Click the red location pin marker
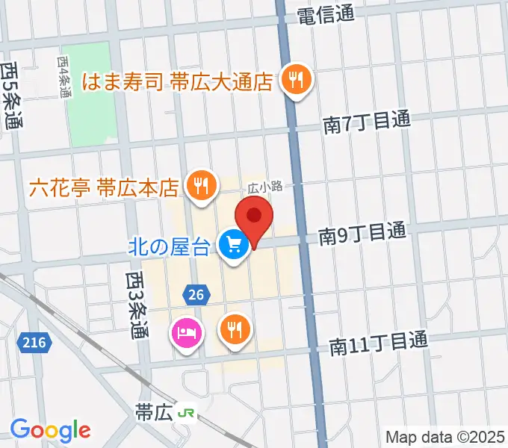[x=254, y=219]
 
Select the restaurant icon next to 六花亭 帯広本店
[x=199, y=185]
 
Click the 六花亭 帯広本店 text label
[x=105, y=185]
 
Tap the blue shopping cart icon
[x=234, y=244]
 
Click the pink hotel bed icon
[x=186, y=331]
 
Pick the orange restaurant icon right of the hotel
[x=235, y=329]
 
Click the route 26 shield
[x=196, y=295]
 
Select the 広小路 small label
[x=261, y=188]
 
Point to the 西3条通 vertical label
[x=136, y=304]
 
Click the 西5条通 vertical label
[x=11, y=96]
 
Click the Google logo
[x=50, y=430]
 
